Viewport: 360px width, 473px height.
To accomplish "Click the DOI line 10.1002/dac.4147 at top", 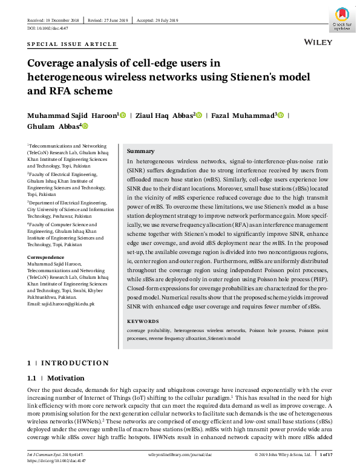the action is tap(47, 28).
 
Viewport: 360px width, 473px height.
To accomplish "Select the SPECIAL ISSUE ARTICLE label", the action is tap(72, 44).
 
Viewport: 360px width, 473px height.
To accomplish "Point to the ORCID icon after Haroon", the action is tap(123, 115).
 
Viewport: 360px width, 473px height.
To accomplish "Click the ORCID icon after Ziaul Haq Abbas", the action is tap(199, 115).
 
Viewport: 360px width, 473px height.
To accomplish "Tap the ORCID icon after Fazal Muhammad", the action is tap(280, 115).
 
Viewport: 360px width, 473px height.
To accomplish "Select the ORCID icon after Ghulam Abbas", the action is tap(85, 126).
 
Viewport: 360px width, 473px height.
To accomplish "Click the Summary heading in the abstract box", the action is tap(140, 151).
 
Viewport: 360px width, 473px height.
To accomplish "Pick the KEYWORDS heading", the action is tap(143, 322).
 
